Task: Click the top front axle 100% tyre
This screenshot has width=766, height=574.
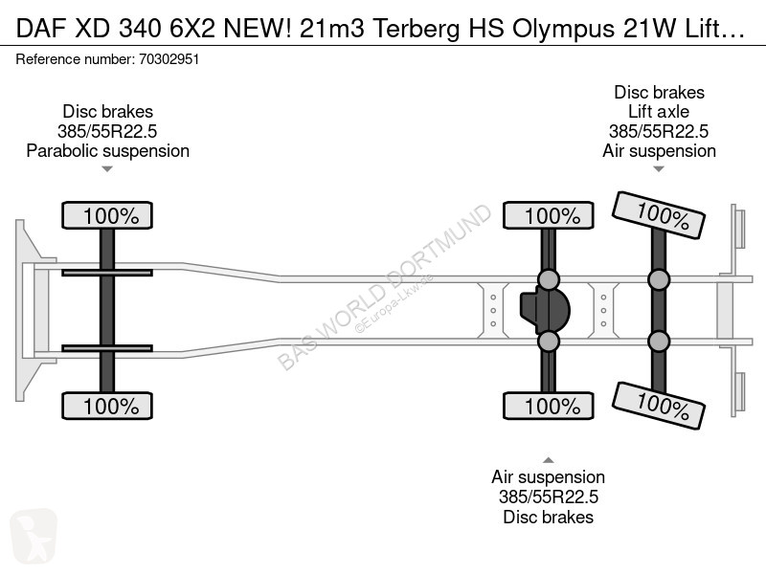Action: tap(107, 215)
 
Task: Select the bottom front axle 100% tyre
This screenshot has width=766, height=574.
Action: tap(107, 406)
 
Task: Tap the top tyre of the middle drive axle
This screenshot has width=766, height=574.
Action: tap(548, 215)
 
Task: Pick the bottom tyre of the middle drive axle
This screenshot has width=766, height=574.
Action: tap(548, 406)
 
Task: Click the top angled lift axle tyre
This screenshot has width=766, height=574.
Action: tap(658, 215)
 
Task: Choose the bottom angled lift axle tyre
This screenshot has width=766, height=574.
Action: tap(658, 406)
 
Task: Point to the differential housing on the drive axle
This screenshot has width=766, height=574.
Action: tap(544, 310)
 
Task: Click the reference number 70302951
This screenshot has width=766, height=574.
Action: tap(169, 59)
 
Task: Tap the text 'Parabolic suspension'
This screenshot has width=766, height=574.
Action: tap(107, 151)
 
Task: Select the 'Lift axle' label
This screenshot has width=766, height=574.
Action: tap(659, 112)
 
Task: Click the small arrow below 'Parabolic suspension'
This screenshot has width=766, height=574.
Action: tap(107, 169)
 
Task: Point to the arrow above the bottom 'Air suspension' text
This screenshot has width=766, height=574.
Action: tap(548, 460)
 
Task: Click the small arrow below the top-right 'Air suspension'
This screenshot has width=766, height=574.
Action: tap(659, 169)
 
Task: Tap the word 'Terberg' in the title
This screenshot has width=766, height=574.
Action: tap(416, 29)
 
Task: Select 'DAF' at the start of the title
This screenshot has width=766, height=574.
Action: tap(40, 29)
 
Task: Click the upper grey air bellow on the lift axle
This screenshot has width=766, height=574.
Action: tap(659, 279)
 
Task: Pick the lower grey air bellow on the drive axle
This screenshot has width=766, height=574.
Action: tap(548, 342)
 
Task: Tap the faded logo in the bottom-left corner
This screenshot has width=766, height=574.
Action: tap(34, 536)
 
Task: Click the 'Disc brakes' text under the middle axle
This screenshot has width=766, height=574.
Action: tap(548, 517)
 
